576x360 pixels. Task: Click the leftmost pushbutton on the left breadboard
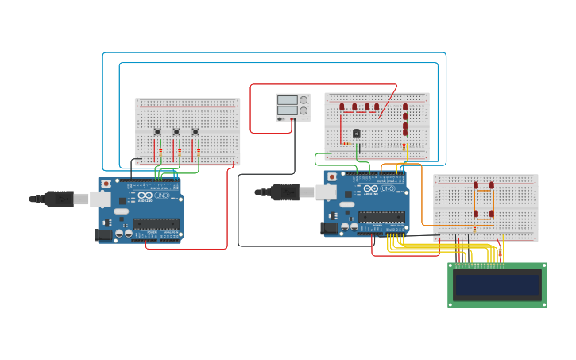click(157, 132)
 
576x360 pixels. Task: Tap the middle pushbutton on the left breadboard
click(176, 132)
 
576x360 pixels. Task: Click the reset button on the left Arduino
click(106, 184)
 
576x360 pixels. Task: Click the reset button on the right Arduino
click(332, 176)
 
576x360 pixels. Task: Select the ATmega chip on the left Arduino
click(156, 224)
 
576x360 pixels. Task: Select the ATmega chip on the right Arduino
click(381, 217)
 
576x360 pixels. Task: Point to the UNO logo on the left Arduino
click(161, 195)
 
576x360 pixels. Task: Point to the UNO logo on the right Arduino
click(387, 188)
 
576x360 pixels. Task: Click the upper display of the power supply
click(287, 100)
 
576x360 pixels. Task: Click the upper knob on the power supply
click(303, 100)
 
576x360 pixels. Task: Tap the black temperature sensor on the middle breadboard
click(356, 134)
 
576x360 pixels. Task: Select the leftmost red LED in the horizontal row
click(342, 106)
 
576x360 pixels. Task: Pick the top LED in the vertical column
click(404, 106)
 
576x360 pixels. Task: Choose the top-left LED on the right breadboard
click(476, 185)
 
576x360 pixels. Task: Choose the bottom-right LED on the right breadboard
click(492, 214)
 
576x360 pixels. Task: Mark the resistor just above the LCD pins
click(500, 253)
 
